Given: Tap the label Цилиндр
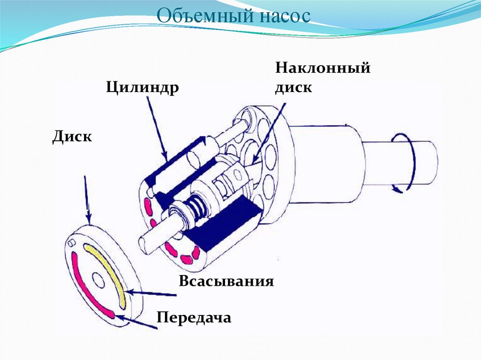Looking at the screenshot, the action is pos(142,87).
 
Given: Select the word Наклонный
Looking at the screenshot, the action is pos(323,68).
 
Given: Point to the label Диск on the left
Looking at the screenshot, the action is pos(72,137).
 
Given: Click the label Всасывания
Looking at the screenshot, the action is pos(226,282).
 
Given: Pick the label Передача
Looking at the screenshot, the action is pos(194,317).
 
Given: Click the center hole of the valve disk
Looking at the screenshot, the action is pos(99,280).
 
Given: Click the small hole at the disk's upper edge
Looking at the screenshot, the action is pos(71,243).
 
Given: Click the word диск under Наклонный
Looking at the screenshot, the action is pos(294,87).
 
